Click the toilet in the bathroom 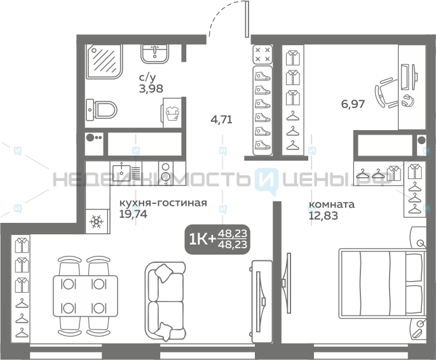(x=101, y=110)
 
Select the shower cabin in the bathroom (x=104, y=62)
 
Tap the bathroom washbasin (x=154, y=53)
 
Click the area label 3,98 (x=151, y=89)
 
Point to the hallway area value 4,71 (x=221, y=119)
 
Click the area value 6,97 (x=353, y=104)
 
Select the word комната (x=332, y=204)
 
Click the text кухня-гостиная (x=163, y=203)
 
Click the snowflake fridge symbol (x=97, y=222)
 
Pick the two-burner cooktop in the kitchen (x=165, y=173)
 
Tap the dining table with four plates (x=85, y=296)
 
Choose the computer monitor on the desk (x=409, y=77)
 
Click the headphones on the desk (x=408, y=100)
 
